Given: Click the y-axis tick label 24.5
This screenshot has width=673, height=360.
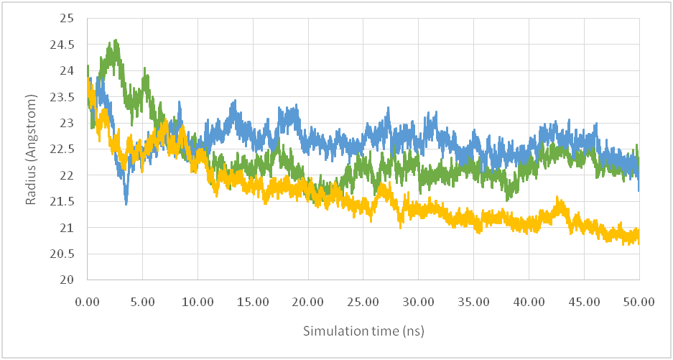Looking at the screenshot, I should coord(66,45).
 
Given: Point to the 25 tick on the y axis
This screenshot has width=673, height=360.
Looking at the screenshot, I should coord(70,19).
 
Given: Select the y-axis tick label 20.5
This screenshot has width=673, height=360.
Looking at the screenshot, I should coord(66,254).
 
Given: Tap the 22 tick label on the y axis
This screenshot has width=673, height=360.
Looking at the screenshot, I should coord(70,175).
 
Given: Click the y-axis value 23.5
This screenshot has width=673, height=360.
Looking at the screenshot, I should coord(66,97).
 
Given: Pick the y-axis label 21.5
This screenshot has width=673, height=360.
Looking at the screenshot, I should coord(66,202).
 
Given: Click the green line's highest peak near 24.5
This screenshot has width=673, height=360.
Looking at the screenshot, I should coord(116,41).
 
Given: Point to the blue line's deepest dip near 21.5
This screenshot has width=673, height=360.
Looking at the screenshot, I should coord(126,204).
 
